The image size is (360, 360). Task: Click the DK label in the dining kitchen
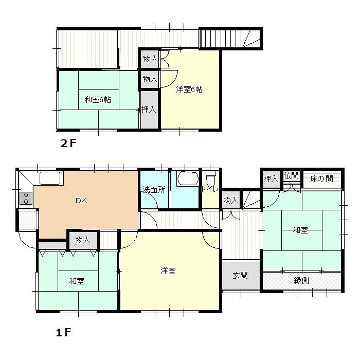[81, 201]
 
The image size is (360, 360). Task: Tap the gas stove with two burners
[26, 198]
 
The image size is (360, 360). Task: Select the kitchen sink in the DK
[50, 178]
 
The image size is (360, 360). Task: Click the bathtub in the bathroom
[187, 178]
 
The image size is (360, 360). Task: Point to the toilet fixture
[210, 178]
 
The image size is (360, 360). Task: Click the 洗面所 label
[154, 190]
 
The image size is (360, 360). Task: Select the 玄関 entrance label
[240, 275]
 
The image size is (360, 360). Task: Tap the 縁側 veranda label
[301, 280]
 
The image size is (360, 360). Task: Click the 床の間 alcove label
[321, 178]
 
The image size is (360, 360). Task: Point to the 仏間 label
[291, 176]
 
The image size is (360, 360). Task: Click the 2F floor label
[68, 143]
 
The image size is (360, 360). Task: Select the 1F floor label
[64, 332]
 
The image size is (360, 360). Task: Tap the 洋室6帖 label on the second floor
[189, 89]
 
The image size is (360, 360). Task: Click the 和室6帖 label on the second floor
[98, 100]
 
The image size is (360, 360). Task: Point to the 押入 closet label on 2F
[149, 109]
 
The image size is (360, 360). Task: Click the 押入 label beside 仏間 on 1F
[271, 178]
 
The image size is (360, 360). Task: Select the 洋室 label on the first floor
[168, 271]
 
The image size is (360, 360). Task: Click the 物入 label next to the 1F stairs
[231, 201]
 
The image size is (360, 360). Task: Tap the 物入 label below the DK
[83, 240]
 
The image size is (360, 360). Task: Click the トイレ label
[210, 190]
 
